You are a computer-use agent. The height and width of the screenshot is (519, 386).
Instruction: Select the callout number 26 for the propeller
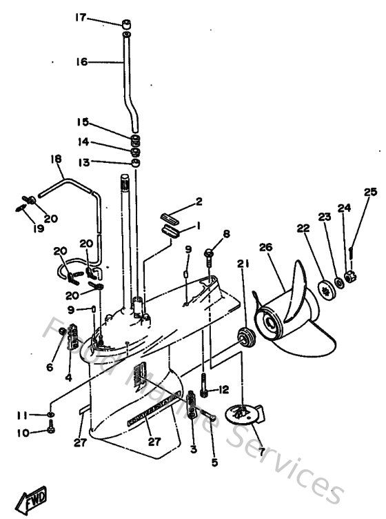click(267, 247)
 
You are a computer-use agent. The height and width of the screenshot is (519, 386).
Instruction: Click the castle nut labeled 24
click(349, 277)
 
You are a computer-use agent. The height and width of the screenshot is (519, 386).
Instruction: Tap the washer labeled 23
click(339, 282)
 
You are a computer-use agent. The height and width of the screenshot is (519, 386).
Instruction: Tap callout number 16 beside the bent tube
click(81, 61)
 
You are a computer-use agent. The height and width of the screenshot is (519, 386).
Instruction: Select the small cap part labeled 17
click(127, 26)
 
